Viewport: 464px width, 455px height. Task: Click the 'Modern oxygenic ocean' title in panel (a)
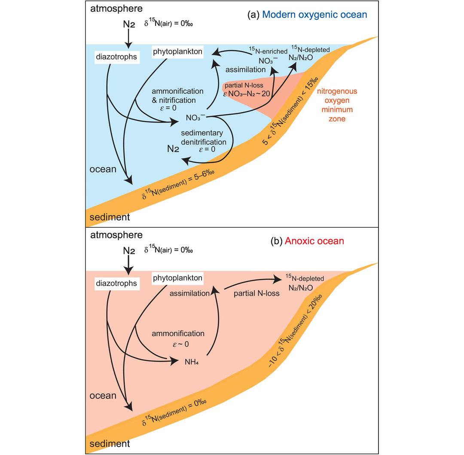314,15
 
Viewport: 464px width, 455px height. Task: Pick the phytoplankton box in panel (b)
177,278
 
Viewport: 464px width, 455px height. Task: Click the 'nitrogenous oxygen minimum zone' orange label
337,105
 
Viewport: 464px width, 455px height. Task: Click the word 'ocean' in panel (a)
103,169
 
